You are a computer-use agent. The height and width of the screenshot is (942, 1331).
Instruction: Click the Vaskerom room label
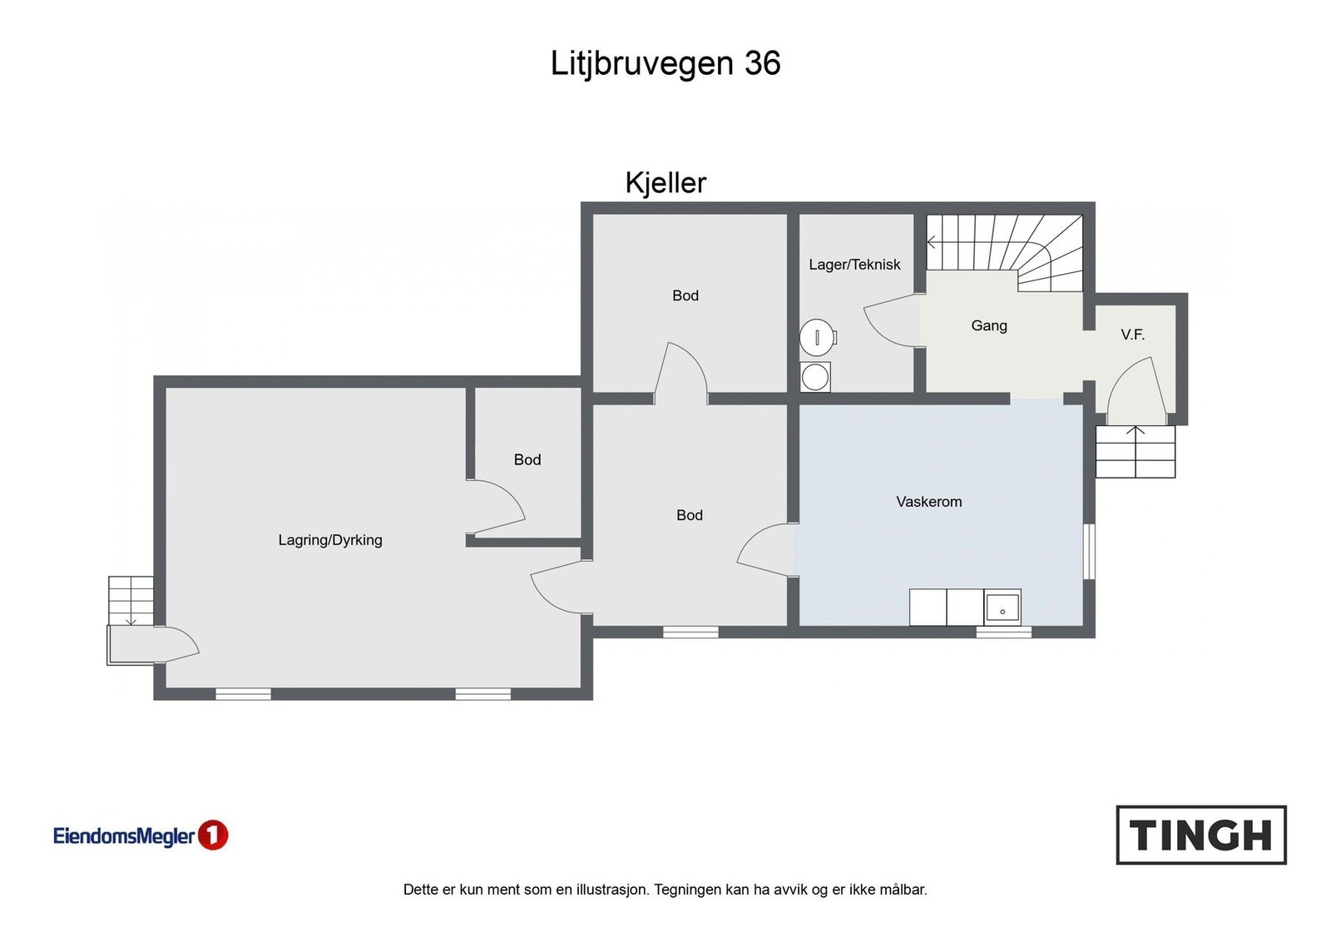928,502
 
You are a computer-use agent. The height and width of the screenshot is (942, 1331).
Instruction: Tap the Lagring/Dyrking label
330,540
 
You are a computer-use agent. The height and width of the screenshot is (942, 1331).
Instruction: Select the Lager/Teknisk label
854,265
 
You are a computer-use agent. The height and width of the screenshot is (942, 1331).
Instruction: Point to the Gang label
989,325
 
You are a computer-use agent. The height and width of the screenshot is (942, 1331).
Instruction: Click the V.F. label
1132,335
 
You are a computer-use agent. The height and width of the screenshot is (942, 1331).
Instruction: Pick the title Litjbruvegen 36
665,63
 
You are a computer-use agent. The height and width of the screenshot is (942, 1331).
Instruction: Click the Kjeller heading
665,183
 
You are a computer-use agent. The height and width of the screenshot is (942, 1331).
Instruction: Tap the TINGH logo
1200,835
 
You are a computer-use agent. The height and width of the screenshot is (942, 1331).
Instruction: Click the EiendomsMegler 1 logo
141,835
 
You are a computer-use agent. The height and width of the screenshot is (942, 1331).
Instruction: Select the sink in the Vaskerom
1002,607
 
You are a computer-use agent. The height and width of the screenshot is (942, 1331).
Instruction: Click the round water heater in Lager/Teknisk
817,337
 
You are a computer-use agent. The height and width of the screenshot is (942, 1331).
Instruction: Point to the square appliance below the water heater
815,376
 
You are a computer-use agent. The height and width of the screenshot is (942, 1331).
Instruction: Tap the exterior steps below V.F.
1135,452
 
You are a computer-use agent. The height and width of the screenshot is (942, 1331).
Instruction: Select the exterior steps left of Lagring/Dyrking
131,600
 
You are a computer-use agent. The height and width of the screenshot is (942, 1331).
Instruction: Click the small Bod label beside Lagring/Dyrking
527,459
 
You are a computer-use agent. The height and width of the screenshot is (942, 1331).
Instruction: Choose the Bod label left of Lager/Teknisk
685,295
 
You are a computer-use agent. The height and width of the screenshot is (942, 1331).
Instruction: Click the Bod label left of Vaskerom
690,515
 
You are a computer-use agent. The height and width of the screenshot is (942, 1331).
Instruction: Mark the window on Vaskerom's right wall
1089,550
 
